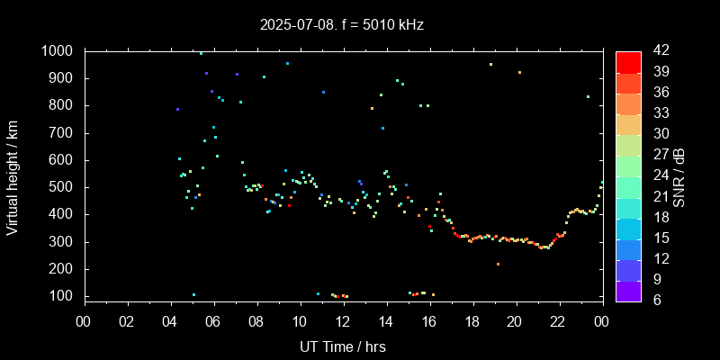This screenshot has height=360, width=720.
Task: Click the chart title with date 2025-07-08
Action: [341, 24]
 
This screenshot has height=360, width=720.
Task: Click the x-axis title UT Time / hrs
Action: [343, 346]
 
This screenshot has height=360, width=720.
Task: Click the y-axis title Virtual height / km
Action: [13, 174]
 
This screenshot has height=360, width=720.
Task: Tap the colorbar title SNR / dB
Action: [679, 175]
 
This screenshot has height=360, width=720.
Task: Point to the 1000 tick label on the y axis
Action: [58, 51]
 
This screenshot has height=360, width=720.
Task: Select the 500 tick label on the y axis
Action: [62, 188]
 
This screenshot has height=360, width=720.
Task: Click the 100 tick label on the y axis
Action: [62, 297]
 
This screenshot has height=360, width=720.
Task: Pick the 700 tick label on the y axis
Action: [62, 133]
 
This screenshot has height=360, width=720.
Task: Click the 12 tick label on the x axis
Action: [343, 321]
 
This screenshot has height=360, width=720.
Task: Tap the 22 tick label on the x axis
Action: [558, 321]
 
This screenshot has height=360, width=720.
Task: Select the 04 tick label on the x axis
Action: [171, 321]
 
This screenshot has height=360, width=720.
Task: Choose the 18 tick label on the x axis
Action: [472, 321]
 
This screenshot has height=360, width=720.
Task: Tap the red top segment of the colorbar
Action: [628, 61]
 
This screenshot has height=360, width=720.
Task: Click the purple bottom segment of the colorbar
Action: [628, 290]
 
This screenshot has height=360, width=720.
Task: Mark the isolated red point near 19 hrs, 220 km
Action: [498, 264]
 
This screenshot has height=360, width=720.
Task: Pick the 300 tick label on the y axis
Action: [62, 242]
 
